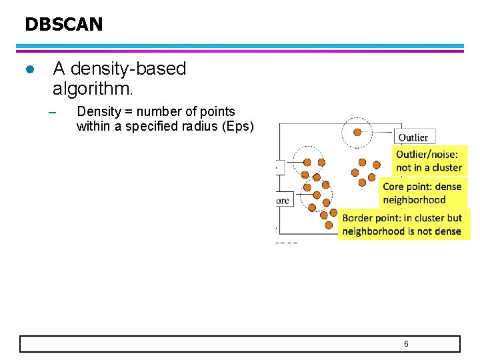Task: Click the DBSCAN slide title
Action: coord(64,25)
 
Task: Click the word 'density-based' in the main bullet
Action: coord(129,69)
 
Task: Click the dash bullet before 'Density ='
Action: coord(55,112)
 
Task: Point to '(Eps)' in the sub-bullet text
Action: coord(239,126)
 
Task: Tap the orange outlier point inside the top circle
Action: coord(357,132)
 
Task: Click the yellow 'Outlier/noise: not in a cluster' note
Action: coord(429,161)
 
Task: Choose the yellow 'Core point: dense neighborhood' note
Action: coord(422,193)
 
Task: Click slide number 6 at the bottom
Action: coord(406,343)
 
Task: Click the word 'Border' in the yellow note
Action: coord(359,218)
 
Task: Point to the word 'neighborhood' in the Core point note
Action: coord(414,200)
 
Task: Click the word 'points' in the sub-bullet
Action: coord(217,111)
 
